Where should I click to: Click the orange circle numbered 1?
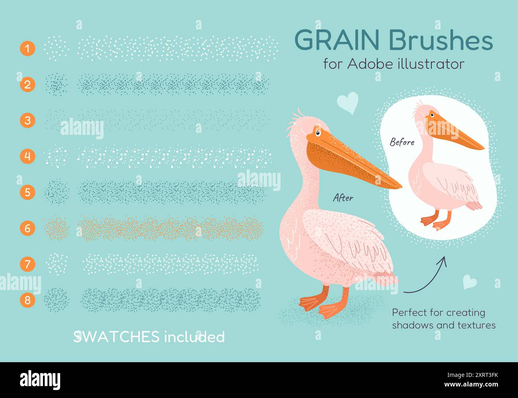(27, 49)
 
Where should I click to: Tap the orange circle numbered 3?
(27, 120)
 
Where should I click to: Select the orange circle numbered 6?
(27, 228)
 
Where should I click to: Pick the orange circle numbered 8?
(27, 300)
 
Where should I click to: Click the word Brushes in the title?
(440, 41)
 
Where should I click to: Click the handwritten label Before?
(402, 142)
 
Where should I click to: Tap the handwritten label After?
(343, 197)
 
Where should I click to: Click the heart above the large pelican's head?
(347, 103)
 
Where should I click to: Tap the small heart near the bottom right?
(469, 282)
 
